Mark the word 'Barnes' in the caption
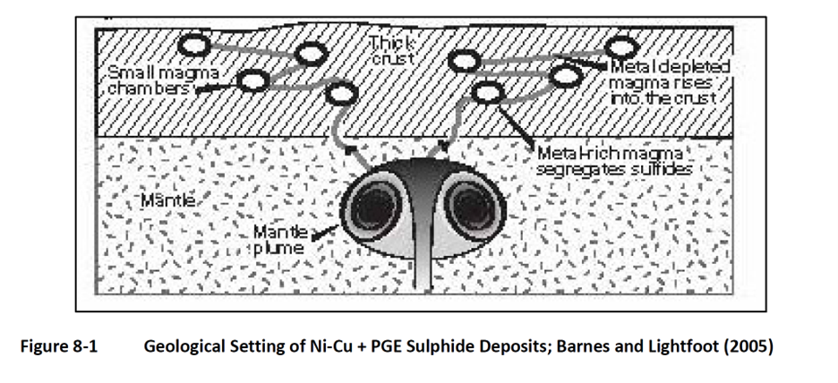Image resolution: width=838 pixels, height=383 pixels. pyautogui.click(x=584, y=347)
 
